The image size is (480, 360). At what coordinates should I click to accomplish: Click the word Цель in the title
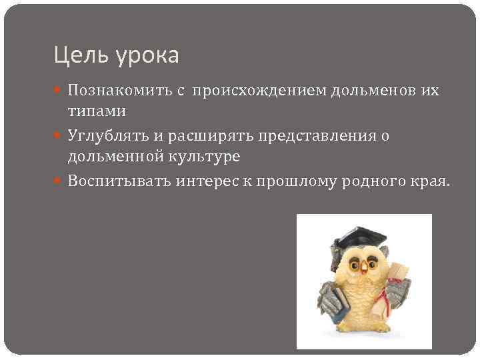74,55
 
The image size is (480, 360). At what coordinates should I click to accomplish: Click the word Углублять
105,137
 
